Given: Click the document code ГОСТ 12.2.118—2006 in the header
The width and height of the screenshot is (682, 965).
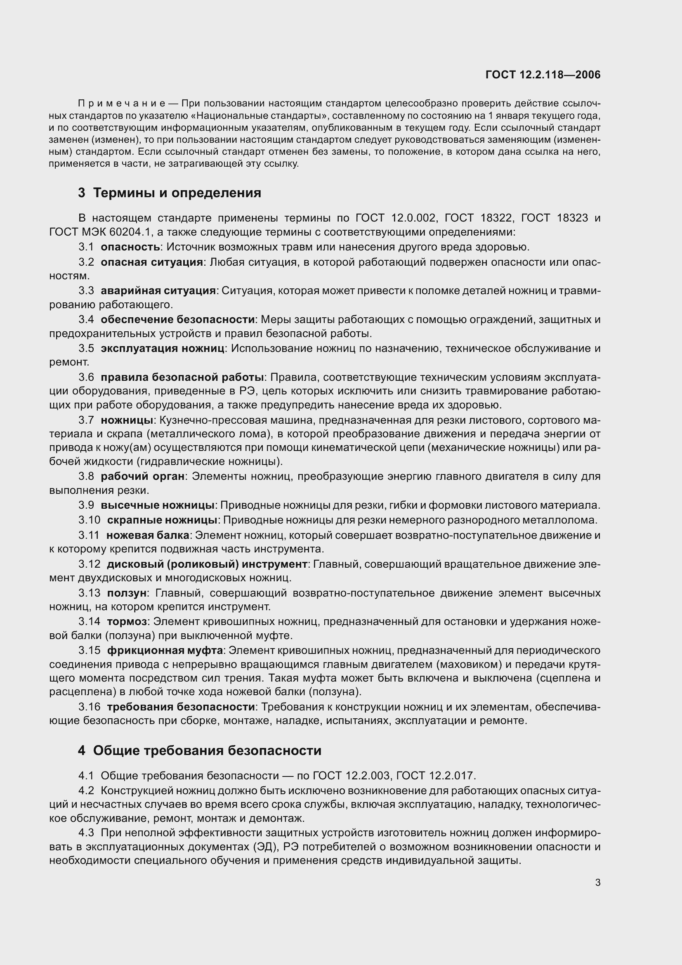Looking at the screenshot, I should pos(543,75).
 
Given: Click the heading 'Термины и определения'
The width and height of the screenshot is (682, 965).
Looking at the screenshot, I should pos(177,193).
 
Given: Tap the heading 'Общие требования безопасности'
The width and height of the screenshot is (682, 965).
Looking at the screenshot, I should pos(207,750).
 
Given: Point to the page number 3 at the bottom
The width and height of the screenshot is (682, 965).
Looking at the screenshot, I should pos(597,882).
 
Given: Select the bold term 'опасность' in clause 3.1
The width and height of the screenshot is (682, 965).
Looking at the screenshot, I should pos(130,247).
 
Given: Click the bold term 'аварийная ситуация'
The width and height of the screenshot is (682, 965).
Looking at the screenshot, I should pos(158,290).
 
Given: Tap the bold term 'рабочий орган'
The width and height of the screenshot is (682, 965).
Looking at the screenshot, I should pos(143,476).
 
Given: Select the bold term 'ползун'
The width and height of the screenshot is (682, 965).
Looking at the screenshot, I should pos(127,593).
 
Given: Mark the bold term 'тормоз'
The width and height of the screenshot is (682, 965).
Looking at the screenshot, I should pos(127,621).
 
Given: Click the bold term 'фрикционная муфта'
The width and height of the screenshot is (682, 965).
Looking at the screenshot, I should pos(165,650).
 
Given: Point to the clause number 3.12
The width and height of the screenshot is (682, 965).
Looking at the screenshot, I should pos(90,564).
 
